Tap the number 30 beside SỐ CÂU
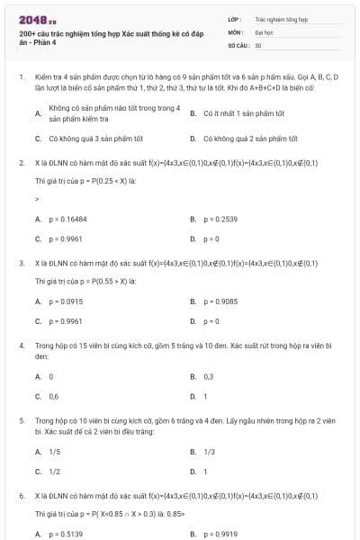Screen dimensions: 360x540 [258, 44]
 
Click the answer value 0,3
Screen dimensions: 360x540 [208, 376]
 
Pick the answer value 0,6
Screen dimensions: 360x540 [53, 396]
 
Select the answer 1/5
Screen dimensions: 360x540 [54, 452]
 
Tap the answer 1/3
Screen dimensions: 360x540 [209, 452]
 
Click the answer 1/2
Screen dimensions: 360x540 [54, 471]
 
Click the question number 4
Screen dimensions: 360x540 [21, 345]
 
